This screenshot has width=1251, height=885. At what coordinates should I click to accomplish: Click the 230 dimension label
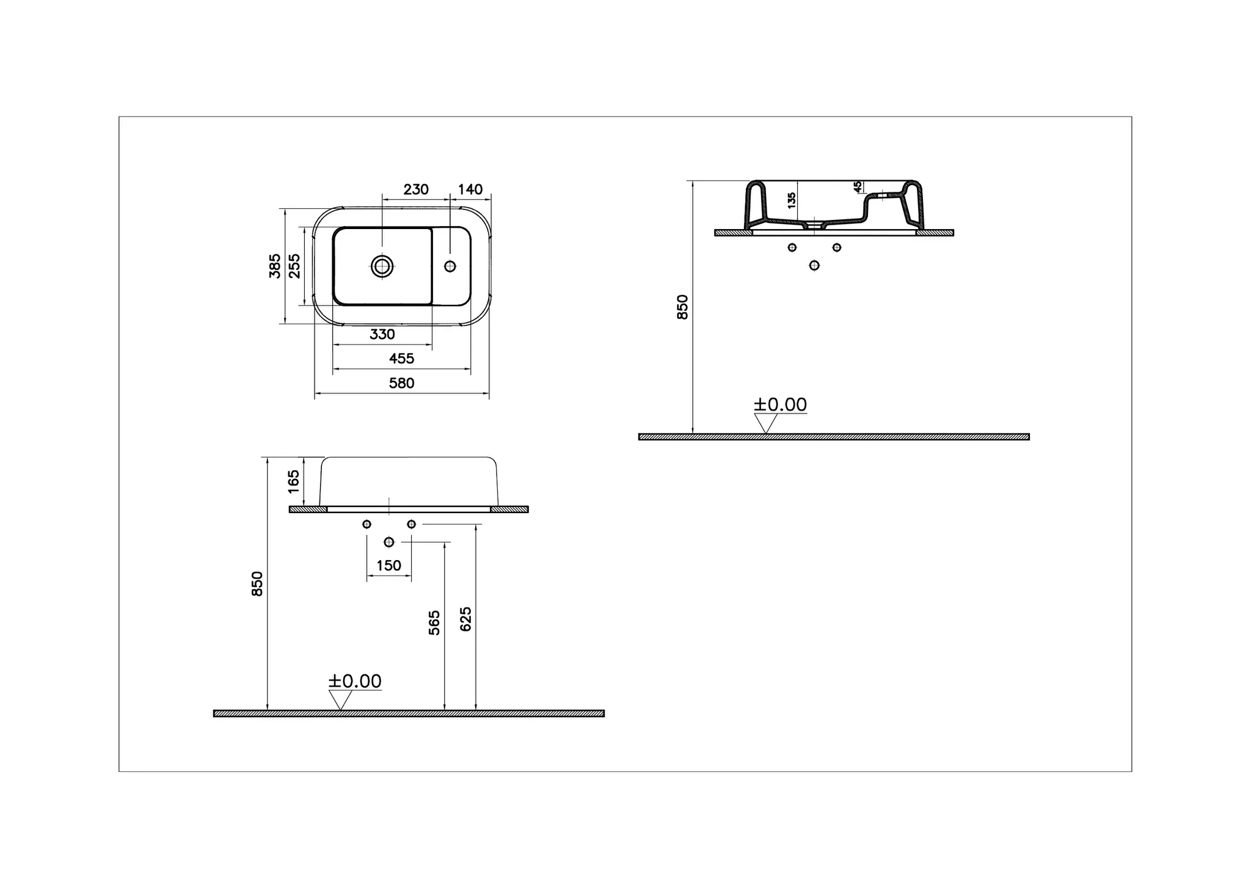tap(415, 189)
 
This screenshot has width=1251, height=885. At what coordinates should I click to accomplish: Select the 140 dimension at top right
tap(470, 189)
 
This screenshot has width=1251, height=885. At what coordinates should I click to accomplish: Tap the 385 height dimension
tap(275, 266)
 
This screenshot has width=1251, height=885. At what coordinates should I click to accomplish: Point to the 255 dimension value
tap(294, 266)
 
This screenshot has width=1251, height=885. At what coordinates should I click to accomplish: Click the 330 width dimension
tap(382, 334)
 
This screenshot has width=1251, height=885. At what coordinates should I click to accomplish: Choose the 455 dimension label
tap(401, 359)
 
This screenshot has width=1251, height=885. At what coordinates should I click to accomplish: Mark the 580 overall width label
tap(401, 383)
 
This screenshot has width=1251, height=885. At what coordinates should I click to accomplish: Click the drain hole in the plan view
tap(382, 266)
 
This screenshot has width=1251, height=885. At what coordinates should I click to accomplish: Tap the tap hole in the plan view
tap(450, 266)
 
